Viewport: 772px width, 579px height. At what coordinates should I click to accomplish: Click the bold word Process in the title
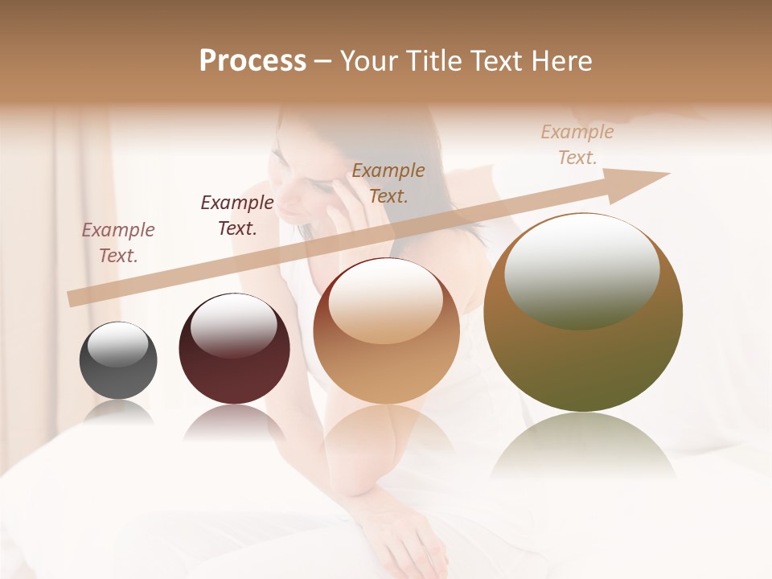click(253, 61)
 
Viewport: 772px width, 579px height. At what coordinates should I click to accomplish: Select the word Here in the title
click(560, 61)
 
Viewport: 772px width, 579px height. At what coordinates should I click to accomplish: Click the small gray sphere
click(118, 361)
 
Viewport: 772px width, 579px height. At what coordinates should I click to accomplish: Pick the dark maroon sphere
click(234, 349)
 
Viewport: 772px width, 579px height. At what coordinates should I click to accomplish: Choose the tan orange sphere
click(386, 331)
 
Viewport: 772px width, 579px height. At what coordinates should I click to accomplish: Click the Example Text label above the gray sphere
click(118, 243)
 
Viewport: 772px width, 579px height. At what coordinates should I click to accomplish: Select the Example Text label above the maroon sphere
click(237, 216)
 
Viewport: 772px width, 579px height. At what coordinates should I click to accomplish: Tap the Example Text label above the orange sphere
click(388, 183)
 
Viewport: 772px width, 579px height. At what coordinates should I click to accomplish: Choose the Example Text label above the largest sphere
click(577, 145)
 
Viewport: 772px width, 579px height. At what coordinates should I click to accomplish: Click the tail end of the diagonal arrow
click(72, 298)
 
